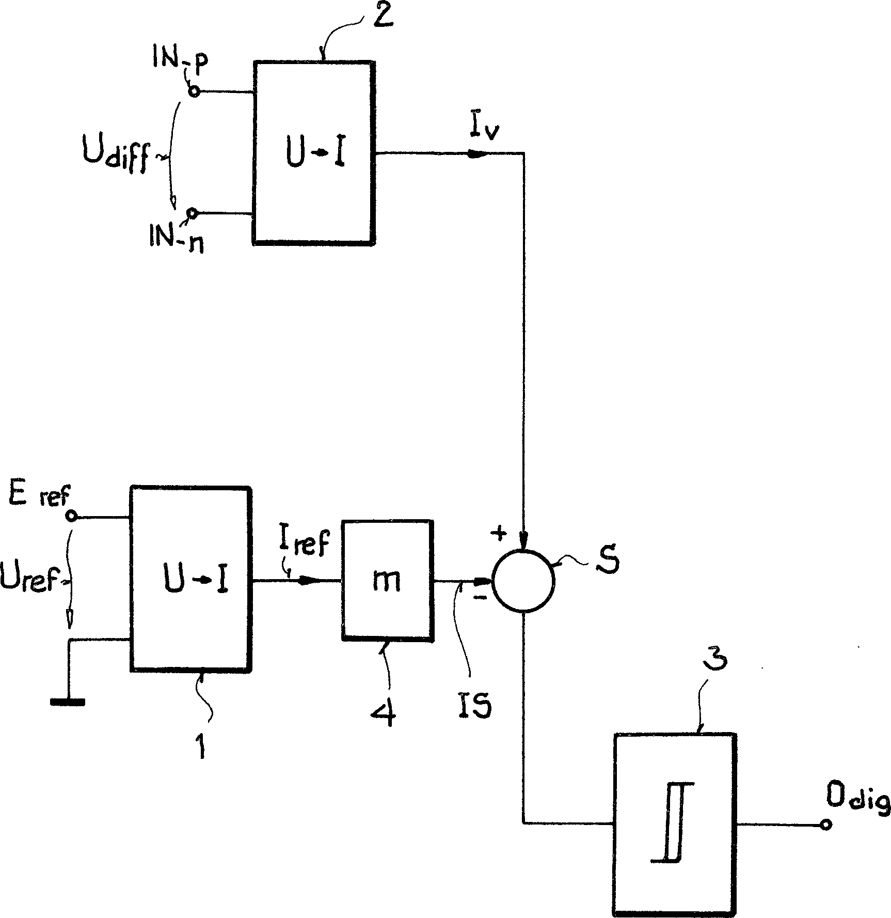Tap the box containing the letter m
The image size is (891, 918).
(387, 580)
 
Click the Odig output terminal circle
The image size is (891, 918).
(825, 824)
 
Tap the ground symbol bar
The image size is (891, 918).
(68, 702)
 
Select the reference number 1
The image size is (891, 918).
(201, 746)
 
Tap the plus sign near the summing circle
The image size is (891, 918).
(499, 535)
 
